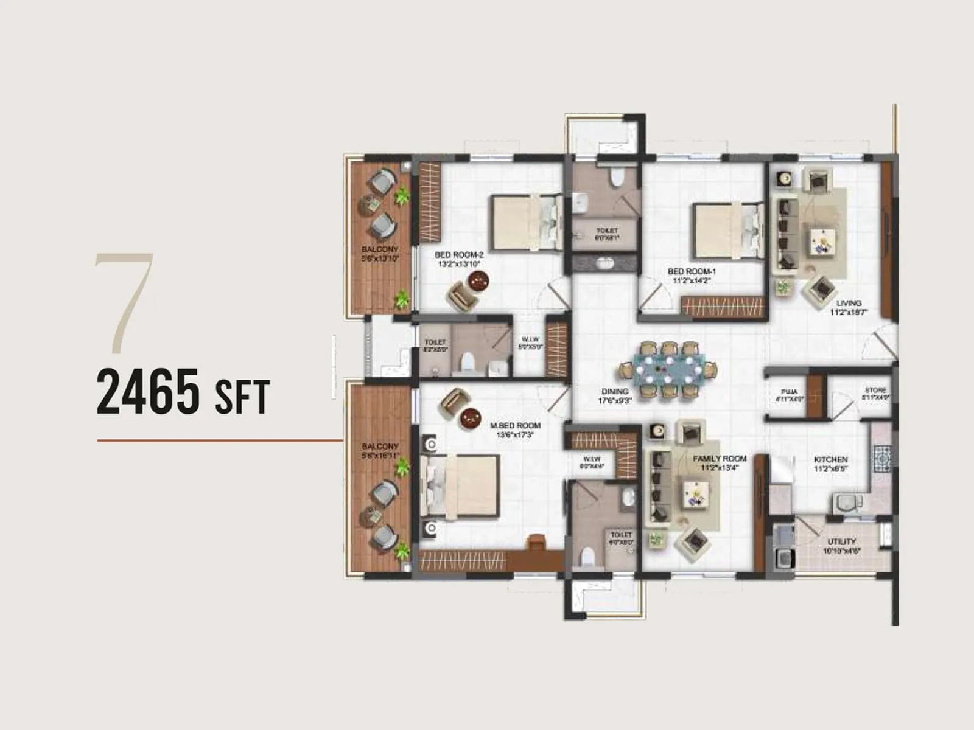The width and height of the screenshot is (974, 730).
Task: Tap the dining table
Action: point(668,369)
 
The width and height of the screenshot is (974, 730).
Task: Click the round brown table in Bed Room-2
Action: point(478,280)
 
